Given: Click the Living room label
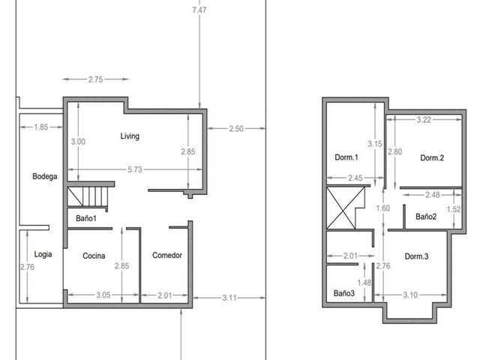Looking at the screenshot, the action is pos(130,136).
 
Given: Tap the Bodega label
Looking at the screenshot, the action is pos(45,176).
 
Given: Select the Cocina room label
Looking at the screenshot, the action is pos(94,256).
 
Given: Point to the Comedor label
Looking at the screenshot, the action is pos(167,255).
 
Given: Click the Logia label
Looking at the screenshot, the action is pos(43,254).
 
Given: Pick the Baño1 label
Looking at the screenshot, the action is pos(86,218).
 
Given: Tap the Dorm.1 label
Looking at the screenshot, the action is pos(346,157).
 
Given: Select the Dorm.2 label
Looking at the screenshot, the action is pos(432,158).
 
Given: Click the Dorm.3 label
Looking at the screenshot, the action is pos(417,256).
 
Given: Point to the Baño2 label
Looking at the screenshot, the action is pos(426,217).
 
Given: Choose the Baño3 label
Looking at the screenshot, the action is pos(344,293).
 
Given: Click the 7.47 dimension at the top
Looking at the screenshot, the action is pos(199,10).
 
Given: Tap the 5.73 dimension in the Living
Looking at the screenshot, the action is pos(135,169).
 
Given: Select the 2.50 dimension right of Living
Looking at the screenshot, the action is pos(236,129).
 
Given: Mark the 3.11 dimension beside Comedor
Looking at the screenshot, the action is pos(229,298).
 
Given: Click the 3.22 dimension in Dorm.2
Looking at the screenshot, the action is pos(424,120).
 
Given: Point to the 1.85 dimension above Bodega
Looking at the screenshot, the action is pos(41,127).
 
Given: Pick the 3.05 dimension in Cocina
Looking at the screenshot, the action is pos(103,295).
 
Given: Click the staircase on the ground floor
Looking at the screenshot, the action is pos(88,196).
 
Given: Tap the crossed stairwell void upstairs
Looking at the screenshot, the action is pos(346,208).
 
